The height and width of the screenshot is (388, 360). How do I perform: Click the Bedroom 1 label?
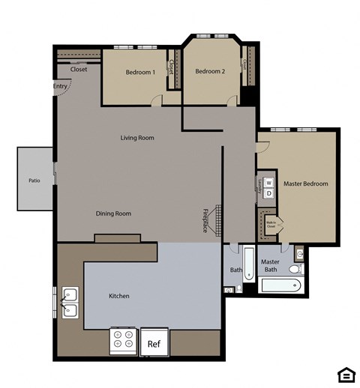(140, 72)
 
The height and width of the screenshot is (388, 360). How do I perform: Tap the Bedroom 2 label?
(210, 72)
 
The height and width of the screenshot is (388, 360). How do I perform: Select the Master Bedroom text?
(304, 184)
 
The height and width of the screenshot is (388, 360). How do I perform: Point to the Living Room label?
(137, 138)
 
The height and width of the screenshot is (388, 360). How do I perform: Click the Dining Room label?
(113, 213)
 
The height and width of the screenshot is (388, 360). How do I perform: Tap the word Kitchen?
(119, 296)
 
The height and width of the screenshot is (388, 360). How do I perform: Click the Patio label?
(34, 181)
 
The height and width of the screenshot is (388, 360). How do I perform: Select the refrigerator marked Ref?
(154, 344)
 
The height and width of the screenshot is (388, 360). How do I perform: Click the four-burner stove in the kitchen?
(123, 342)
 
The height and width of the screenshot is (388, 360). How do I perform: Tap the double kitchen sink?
(69, 302)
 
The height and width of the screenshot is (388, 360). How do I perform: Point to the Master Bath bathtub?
(280, 285)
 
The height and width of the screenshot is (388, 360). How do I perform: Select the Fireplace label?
(205, 221)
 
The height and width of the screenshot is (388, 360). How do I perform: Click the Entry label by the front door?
(61, 86)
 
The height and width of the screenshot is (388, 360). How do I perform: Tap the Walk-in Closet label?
(271, 222)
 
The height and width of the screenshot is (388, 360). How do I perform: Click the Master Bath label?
(270, 265)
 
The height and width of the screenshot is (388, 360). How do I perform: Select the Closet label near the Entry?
(79, 70)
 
